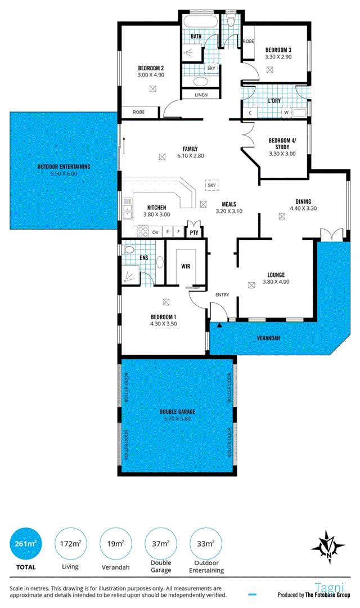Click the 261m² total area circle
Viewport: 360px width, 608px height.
point(25,544)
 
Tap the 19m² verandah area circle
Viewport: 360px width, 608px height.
point(115,544)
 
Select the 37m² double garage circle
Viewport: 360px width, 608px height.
point(160,544)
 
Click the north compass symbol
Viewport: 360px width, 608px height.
point(328,547)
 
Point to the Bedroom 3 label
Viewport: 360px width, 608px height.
point(278,50)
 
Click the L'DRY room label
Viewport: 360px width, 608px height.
point(274,101)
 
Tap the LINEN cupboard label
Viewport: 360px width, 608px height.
point(201,95)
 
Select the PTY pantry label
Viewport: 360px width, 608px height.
point(194,233)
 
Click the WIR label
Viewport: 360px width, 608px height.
point(186,266)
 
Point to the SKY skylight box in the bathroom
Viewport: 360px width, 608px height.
point(211,68)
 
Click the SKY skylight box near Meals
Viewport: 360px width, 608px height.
point(211,185)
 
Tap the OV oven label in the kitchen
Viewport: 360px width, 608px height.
point(155,233)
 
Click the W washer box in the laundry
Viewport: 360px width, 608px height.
point(286,113)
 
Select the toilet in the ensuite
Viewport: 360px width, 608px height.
point(128,249)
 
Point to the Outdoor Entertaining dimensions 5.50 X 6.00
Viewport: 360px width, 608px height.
point(64,174)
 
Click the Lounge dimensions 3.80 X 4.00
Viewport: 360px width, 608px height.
point(276,282)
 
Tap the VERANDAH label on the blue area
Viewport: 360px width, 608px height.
point(268,338)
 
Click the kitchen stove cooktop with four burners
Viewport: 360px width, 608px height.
point(143,231)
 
